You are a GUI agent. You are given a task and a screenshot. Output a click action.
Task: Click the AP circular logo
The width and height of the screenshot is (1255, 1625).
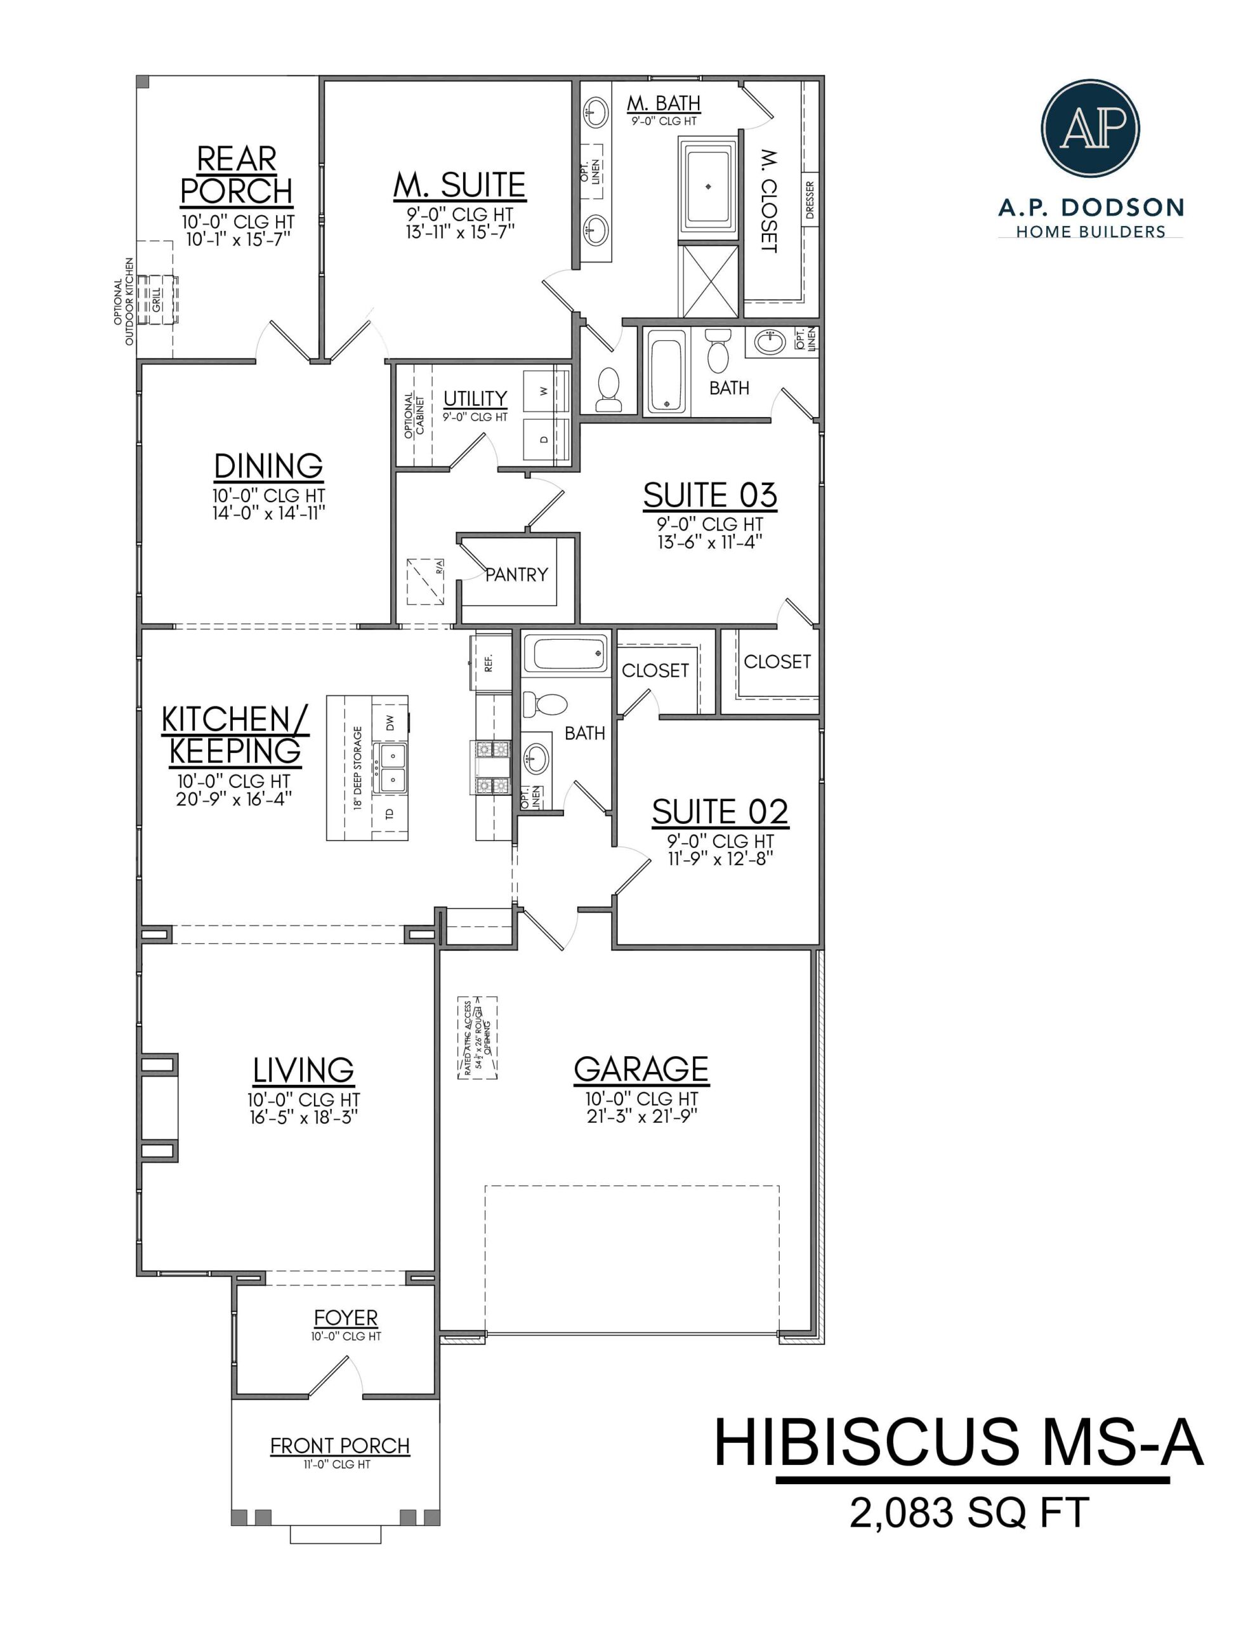(1090, 128)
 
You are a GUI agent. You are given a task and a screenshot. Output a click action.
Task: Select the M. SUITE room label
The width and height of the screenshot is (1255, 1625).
(459, 185)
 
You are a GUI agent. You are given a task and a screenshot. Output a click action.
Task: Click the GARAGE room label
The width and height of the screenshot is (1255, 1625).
(641, 1069)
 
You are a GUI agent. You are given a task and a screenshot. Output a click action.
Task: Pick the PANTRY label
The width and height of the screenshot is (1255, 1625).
(516, 574)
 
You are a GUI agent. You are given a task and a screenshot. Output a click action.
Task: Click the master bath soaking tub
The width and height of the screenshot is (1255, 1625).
(707, 187)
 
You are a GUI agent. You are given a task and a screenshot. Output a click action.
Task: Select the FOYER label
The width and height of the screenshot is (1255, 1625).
(345, 1318)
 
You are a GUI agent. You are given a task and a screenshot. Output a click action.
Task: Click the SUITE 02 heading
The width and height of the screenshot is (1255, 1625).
(719, 812)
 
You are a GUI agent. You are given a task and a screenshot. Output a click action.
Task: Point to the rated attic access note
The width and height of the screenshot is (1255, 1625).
(477, 1037)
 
